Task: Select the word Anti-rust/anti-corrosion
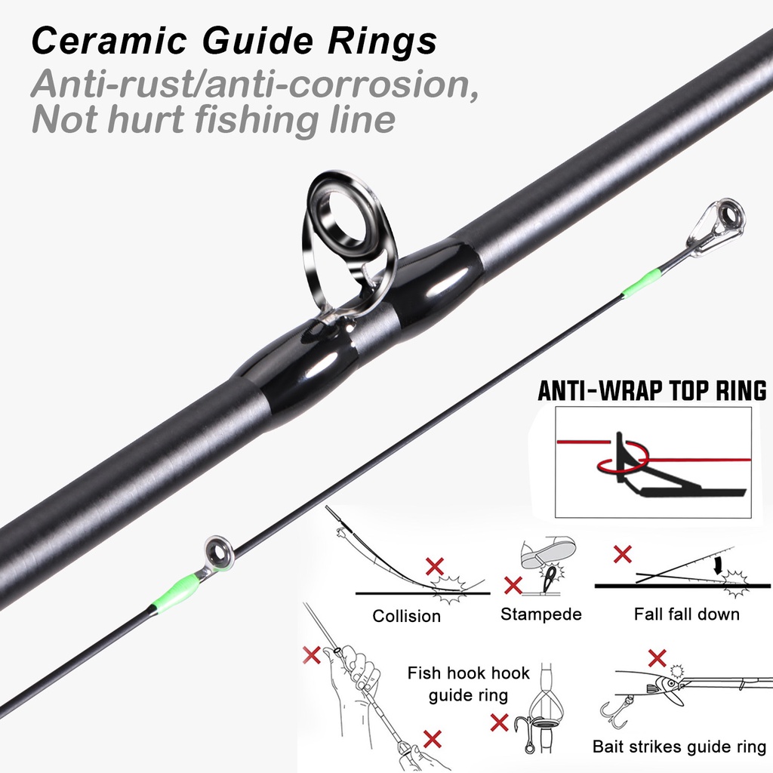pos(255,84)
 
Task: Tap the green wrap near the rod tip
pos(640,285)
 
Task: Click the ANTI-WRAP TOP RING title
pos(651,390)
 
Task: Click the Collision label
pos(406,616)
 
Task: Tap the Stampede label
pos(540,614)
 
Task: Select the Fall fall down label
pos(687,614)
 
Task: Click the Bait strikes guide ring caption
pos(679,747)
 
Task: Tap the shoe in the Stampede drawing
pos(548,550)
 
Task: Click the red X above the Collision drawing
pos(434,566)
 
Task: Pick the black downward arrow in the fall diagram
pos(719,565)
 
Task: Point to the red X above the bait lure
pos(658,658)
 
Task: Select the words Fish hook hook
pos(468,673)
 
